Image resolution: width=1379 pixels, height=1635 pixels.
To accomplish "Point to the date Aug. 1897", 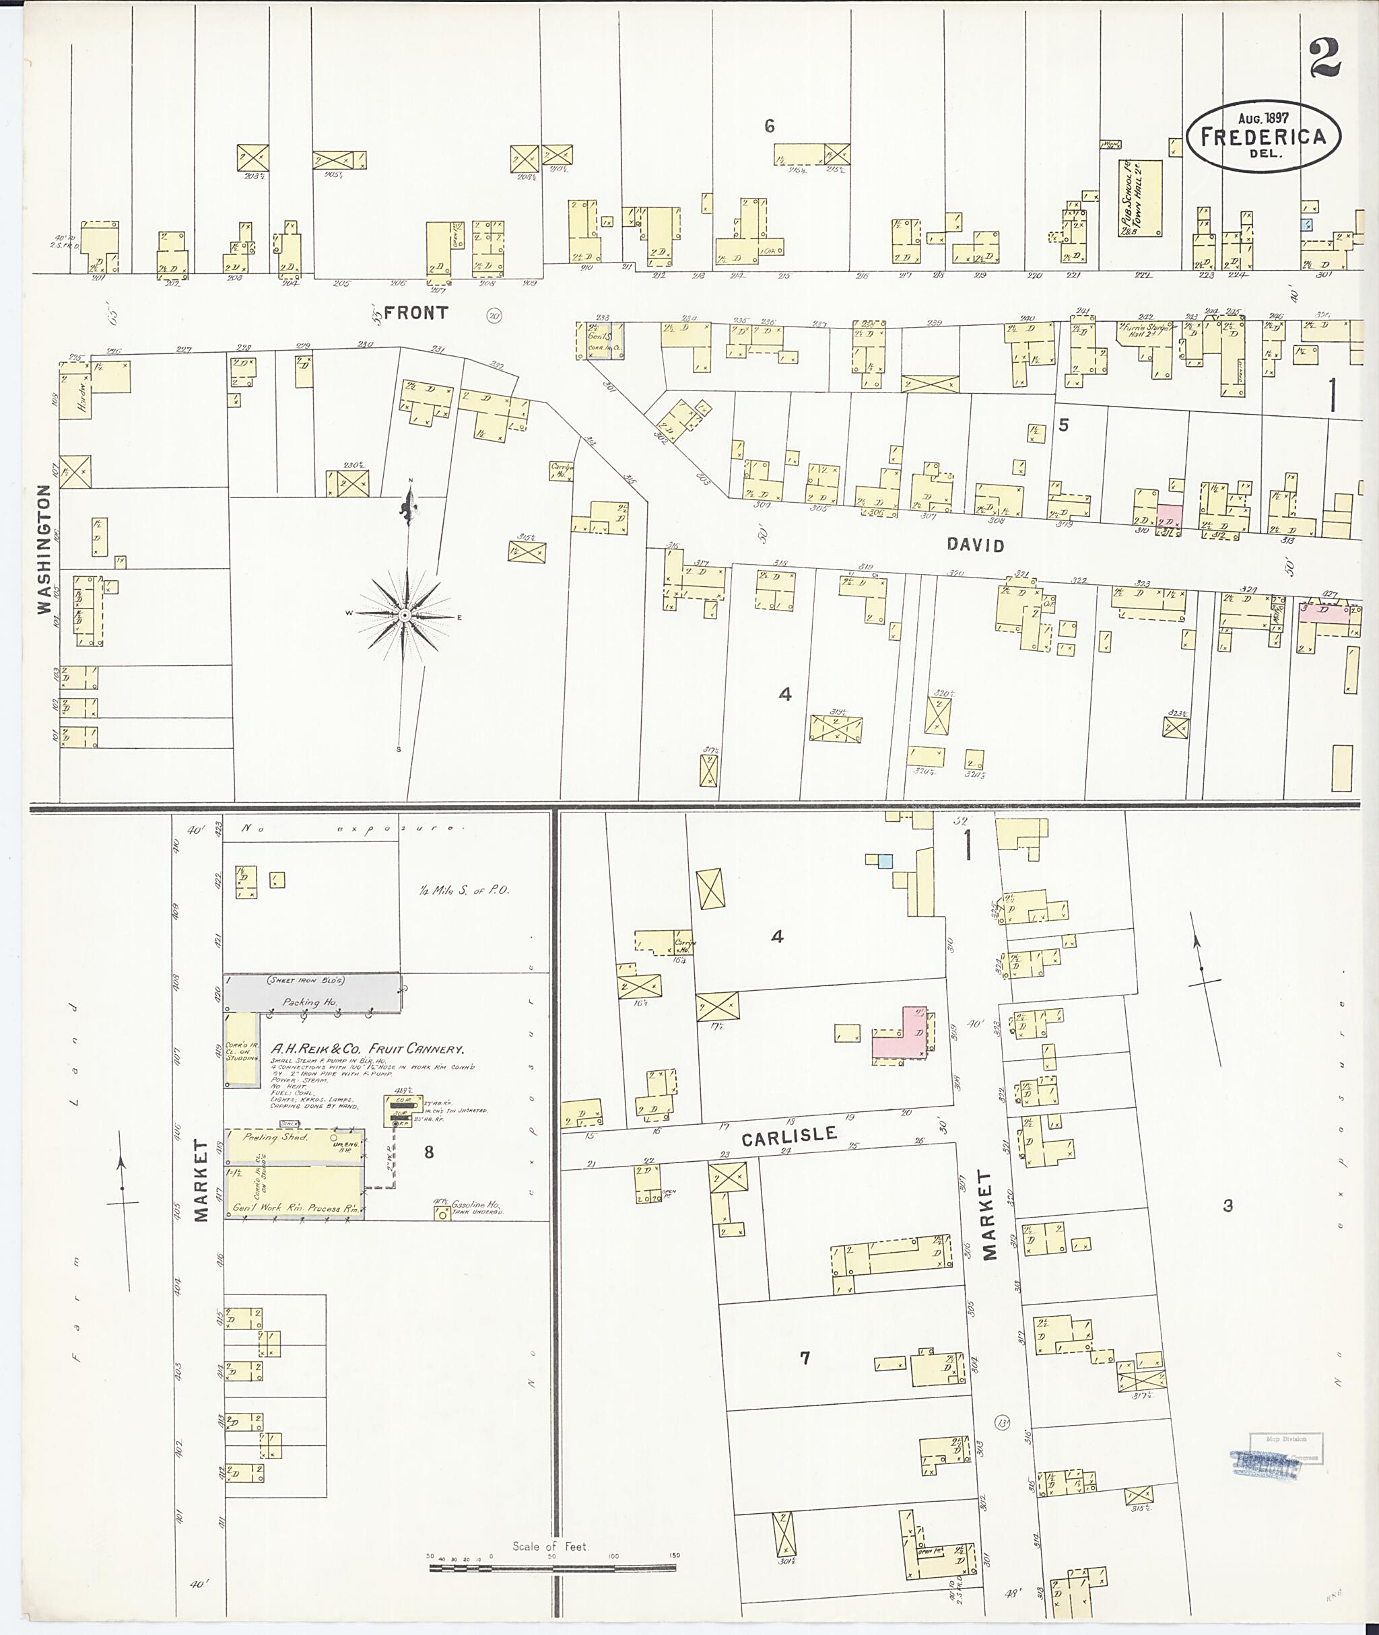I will [1263, 118].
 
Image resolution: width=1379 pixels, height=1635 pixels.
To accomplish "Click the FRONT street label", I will [416, 312].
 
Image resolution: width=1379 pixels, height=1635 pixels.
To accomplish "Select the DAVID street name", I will [975, 545].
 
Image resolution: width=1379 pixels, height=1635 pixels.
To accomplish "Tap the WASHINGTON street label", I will [44, 549].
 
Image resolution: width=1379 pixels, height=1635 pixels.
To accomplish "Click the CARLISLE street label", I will [788, 1136].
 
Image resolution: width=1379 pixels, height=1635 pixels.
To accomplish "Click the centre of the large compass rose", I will [404, 616].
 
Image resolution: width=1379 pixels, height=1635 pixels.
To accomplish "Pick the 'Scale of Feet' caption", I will [549, 1546].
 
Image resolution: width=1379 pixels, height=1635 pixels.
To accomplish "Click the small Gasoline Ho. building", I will [442, 1212].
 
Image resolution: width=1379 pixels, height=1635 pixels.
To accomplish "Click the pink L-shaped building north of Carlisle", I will [904, 1037].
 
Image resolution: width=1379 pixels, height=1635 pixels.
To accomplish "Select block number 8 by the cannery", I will [428, 1151].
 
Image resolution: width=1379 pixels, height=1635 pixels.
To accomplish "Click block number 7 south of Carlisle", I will [805, 1358].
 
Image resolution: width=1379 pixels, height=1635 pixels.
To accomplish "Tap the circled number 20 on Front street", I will [494, 316].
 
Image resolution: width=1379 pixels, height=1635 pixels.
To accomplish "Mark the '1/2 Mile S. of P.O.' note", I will [463, 889].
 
